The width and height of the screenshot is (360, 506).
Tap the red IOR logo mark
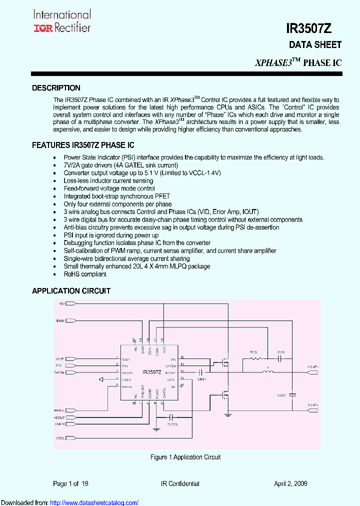click(x=42, y=28)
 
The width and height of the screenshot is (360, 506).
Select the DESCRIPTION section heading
click(x=56, y=88)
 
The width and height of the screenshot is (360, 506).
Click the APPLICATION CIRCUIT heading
click(x=71, y=291)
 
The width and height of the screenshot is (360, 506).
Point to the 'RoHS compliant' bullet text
click(x=85, y=274)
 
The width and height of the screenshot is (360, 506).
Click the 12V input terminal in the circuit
click(x=70, y=303)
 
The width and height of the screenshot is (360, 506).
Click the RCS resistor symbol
click(x=255, y=358)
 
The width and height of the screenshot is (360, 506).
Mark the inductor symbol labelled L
click(x=268, y=372)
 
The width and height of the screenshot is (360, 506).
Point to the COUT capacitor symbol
click(x=293, y=395)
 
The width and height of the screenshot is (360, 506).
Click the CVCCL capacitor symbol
click(x=172, y=416)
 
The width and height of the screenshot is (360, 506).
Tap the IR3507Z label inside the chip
click(x=151, y=372)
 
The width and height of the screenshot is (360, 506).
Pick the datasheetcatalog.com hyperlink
click(x=94, y=502)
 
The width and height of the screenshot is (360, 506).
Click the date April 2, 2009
click(x=290, y=483)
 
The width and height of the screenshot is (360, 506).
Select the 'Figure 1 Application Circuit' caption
click(x=185, y=457)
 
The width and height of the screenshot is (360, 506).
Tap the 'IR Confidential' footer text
click(x=180, y=483)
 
